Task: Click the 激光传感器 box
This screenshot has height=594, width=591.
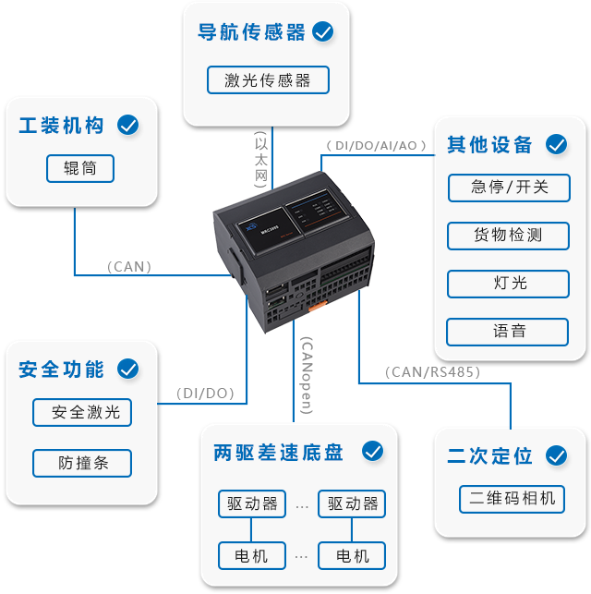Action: pyautogui.click(x=268, y=80)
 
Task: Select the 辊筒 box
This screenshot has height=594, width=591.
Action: pyautogui.click(x=80, y=168)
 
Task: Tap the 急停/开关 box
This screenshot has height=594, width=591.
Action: pyautogui.click(x=509, y=187)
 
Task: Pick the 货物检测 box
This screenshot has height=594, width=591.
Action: pyautogui.click(x=509, y=235)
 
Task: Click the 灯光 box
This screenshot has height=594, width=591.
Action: pyautogui.click(x=509, y=283)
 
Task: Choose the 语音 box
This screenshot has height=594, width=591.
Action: pyautogui.click(x=509, y=331)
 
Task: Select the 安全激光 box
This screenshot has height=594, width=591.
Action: pyautogui.click(x=82, y=412)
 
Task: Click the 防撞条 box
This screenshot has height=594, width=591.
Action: pyautogui.click(x=82, y=463)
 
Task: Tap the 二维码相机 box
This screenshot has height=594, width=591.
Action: pyautogui.click(x=511, y=499)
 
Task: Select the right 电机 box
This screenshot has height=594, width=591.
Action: pyautogui.click(x=352, y=555)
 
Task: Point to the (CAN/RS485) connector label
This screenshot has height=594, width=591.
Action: pyautogui.click(x=432, y=372)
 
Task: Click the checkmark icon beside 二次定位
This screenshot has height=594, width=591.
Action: pyautogui.click(x=555, y=455)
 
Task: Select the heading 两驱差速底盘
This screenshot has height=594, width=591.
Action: pyautogui.click(x=278, y=453)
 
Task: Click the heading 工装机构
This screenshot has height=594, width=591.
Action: pyautogui.click(x=62, y=125)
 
